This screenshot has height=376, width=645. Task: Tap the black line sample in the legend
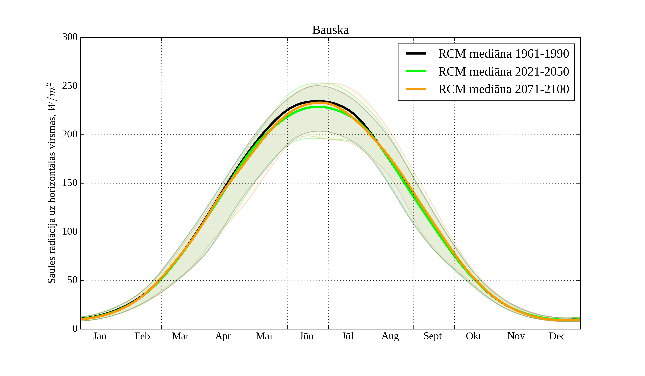pos(416,54)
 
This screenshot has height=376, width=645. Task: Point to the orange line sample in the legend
pos(416,89)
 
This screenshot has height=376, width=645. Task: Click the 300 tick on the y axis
pos(70,37)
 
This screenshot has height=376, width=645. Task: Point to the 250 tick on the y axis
pos(70,86)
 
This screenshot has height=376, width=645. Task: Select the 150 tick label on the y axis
pos(70,183)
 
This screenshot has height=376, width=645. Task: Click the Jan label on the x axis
pos(100,336)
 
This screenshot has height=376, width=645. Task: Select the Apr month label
pos(223,336)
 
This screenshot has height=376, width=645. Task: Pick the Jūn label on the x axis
pos(306,336)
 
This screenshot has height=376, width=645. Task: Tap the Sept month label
pos(433,336)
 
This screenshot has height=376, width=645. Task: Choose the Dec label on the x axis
pos(557,336)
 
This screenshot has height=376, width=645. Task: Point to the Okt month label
pos(474,336)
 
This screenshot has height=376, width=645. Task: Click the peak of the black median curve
pos(318,101)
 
